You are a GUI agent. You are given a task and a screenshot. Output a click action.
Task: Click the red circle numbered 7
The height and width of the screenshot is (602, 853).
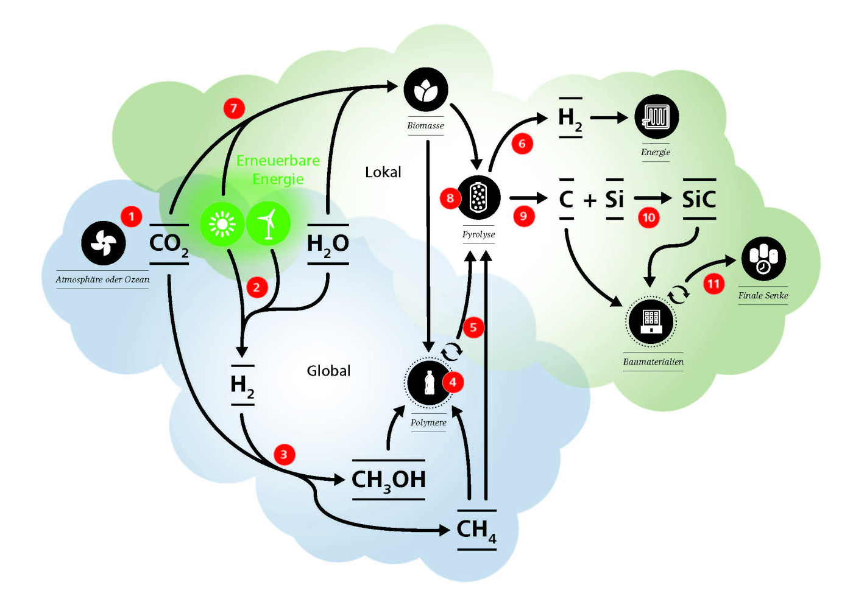(x=234, y=108)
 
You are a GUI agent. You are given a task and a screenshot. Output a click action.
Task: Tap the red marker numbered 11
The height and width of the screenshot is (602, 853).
(x=713, y=284)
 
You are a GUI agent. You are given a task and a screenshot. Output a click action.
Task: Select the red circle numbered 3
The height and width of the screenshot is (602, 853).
(x=284, y=454)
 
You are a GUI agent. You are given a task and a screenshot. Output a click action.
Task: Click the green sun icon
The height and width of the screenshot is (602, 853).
(x=222, y=224)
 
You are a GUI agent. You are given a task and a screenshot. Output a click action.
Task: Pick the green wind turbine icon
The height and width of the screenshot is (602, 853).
(x=268, y=224)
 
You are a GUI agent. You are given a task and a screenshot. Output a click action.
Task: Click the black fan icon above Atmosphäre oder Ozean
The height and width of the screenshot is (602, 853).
(x=104, y=243)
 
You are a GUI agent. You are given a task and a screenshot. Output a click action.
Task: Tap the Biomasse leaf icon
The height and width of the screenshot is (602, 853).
(x=426, y=89)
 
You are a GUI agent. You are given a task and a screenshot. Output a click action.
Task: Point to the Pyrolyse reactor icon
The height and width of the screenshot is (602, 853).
(x=478, y=197)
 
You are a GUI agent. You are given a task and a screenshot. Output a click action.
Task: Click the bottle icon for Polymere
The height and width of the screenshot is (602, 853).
(x=429, y=382)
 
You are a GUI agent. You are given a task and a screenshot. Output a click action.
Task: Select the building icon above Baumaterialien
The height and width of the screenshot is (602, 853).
(x=651, y=322)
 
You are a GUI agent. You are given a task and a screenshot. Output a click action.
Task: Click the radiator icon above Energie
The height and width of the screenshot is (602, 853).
(x=657, y=116)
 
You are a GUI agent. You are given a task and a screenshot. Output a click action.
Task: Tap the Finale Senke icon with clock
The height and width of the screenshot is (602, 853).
(x=763, y=259)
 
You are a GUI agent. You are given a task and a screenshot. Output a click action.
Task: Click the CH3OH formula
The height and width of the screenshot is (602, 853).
(x=389, y=480)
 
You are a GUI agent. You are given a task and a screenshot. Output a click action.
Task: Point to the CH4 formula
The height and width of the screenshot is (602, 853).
(x=476, y=530)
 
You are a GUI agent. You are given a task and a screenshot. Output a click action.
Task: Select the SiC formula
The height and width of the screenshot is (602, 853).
(x=699, y=199)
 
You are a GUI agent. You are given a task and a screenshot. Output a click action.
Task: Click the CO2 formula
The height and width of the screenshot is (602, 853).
(x=169, y=244)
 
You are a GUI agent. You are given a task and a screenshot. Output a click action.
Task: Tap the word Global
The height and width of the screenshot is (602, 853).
(x=328, y=371)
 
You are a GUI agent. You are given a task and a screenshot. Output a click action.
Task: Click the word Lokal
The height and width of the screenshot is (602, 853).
(x=383, y=172)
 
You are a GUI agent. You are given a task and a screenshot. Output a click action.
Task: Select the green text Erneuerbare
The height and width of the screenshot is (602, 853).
(x=278, y=161)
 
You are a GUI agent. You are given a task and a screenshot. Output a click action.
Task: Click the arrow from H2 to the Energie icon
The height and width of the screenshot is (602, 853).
(x=609, y=117)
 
